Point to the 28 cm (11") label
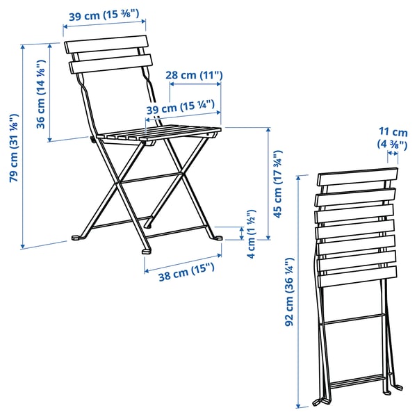tap(195, 75)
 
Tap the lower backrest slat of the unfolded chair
tap(111, 67)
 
